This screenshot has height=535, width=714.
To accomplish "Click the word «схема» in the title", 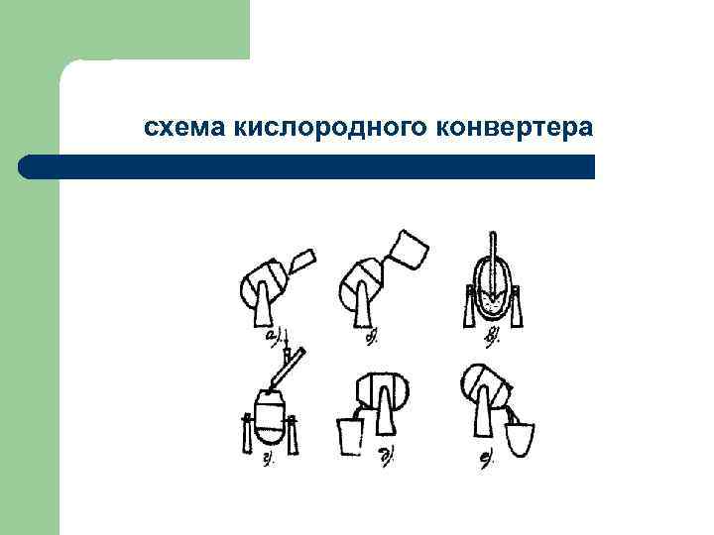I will [x=185, y=129].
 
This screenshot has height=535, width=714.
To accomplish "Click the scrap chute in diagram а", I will [x=301, y=262].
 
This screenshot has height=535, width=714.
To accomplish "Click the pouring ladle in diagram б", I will [x=410, y=251].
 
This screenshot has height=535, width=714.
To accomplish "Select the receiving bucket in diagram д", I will [x=351, y=435].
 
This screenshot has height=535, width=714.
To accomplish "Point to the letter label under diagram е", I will [x=489, y=459].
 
